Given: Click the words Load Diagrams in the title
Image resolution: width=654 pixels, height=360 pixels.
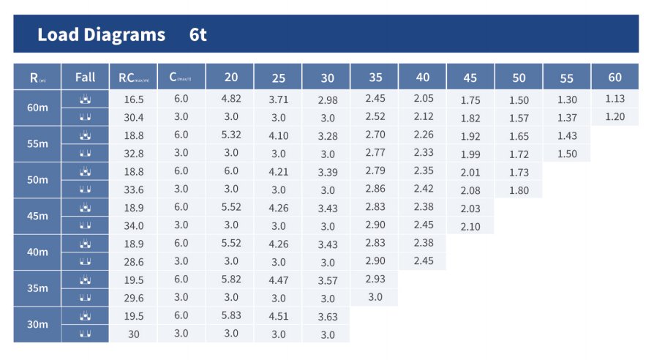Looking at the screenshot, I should pyautogui.click(x=101, y=34).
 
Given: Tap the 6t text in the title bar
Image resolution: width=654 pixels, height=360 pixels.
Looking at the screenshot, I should pyautogui.click(x=198, y=34).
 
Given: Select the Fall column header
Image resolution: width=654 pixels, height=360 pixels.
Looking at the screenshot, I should pyautogui.click(x=85, y=78).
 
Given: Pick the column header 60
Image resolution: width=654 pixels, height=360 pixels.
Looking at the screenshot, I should pyautogui.click(x=614, y=77).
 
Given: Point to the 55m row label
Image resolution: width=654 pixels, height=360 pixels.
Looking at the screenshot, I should pyautogui.click(x=37, y=144).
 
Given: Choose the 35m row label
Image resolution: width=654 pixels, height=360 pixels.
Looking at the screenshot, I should pyautogui.click(x=37, y=288).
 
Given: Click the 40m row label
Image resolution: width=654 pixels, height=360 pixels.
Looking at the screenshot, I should pyautogui.click(x=37, y=252).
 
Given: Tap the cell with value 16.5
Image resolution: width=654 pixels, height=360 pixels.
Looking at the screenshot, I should pyautogui.click(x=134, y=99).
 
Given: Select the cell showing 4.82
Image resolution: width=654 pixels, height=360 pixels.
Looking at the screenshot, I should pyautogui.click(x=231, y=99).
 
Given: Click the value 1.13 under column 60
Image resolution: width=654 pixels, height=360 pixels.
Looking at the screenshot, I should pyautogui.click(x=614, y=99).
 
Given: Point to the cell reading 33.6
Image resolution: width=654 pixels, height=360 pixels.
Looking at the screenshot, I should pyautogui.click(x=134, y=190).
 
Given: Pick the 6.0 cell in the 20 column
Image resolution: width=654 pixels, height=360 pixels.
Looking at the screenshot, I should pyautogui.click(x=231, y=171).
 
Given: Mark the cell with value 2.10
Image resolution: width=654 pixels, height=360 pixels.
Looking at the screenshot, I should pyautogui.click(x=470, y=227).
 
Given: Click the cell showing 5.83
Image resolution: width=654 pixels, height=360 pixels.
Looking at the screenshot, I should pyautogui.click(x=231, y=316).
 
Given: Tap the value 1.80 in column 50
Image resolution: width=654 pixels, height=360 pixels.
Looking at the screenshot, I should pyautogui.click(x=519, y=190).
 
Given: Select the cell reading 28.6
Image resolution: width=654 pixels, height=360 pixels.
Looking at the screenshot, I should pyautogui.click(x=134, y=262).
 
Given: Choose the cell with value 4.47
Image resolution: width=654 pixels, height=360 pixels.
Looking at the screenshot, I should pyautogui.click(x=279, y=280).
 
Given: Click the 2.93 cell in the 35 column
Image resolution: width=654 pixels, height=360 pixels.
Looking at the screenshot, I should pyautogui.click(x=375, y=280).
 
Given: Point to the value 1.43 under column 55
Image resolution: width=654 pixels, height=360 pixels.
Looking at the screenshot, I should pyautogui.click(x=567, y=136).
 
